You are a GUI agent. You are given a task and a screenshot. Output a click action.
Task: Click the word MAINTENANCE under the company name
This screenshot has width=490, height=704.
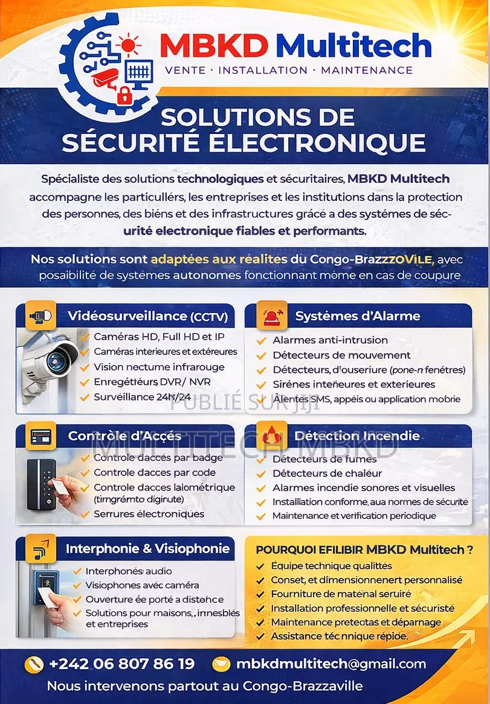coord(367,70)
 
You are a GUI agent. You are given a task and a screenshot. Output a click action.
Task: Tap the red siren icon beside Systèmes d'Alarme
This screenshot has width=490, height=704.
coord(271,316)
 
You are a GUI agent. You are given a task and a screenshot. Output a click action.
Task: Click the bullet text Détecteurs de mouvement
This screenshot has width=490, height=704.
coord(341,355)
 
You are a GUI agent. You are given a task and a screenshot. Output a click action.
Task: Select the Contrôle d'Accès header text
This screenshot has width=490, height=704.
coord(125,436)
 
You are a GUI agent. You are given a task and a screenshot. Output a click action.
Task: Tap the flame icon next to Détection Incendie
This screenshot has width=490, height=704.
coord(271,436)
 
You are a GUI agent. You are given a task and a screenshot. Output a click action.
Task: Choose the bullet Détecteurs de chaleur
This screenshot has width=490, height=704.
coord(327,473)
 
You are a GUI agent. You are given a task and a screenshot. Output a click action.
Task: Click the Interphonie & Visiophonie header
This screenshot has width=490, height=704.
coord(147,548)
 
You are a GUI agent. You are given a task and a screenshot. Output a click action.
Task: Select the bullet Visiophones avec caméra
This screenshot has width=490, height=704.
coord(142,585)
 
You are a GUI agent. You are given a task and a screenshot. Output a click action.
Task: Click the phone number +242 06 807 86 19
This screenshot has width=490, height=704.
coord(121,664)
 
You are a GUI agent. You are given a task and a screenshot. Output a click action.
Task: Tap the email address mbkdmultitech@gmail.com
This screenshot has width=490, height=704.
coord(331,664)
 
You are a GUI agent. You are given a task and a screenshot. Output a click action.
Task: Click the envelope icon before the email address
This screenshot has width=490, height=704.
coord(222,664)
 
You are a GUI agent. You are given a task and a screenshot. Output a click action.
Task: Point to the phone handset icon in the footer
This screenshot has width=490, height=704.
coord(33,665)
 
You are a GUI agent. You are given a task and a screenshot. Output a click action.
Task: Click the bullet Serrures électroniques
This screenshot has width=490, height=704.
coord(149,514)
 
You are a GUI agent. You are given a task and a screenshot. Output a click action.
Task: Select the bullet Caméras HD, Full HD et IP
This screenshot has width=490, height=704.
coord(159,337)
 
